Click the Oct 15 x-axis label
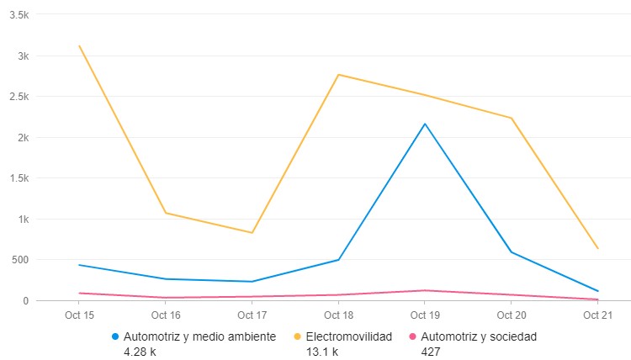(78, 315)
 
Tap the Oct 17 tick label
(252, 315)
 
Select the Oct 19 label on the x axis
(425, 315)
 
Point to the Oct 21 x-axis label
(597, 315)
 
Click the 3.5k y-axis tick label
(16, 15)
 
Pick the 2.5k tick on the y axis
(16, 97)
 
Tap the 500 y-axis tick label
(19, 260)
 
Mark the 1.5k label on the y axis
(16, 178)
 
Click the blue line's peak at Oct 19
(425, 124)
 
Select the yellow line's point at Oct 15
(79, 45)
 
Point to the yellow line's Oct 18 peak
(338, 75)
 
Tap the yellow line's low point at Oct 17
(252, 233)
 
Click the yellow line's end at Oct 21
(597, 248)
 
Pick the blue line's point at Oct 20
(511, 252)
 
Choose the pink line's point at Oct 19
(425, 290)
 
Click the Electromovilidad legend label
(348, 336)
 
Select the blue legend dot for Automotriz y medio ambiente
(115, 336)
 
